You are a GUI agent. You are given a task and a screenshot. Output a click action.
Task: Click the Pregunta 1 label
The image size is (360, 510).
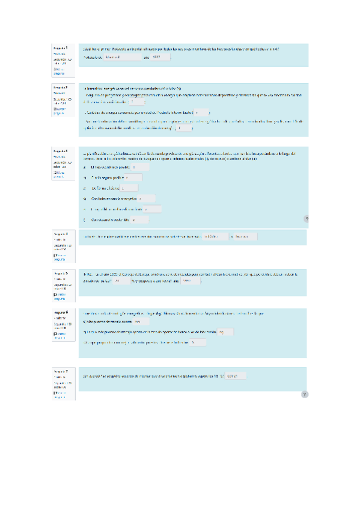[60, 47]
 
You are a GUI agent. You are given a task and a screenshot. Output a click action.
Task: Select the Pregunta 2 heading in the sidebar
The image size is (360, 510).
[60, 87]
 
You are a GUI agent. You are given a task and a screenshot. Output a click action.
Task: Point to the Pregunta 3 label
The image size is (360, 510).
[60, 150]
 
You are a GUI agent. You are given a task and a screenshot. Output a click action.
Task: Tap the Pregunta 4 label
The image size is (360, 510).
[60, 233]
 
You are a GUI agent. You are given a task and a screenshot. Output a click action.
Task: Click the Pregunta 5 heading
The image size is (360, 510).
[60, 273]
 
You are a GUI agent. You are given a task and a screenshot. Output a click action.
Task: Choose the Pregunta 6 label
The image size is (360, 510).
[60, 313]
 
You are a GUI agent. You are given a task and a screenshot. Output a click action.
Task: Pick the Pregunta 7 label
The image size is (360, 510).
[60, 372]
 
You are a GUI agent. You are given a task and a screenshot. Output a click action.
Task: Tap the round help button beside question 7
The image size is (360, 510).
[305, 395]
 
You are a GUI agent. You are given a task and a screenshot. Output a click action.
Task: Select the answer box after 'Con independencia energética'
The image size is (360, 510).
[147, 198]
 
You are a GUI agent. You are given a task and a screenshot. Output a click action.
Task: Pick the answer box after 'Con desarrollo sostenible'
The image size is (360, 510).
[140, 220]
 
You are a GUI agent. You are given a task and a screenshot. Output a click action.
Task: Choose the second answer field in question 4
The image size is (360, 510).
[245, 236]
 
